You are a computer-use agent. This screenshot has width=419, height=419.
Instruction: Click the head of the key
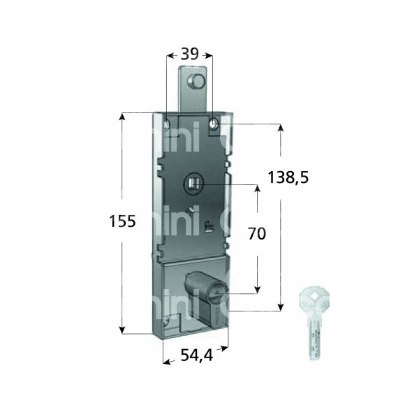[x=309, y=301]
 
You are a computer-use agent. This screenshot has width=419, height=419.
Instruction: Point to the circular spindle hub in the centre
[x=193, y=185]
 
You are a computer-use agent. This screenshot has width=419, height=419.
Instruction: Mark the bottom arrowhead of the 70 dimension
[x=258, y=288]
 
